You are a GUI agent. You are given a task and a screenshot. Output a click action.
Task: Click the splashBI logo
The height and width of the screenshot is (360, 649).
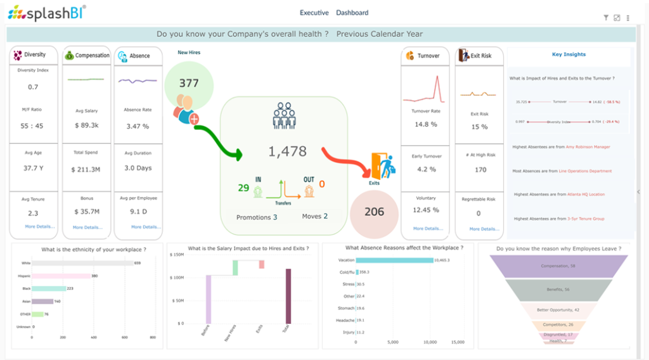point(46,12)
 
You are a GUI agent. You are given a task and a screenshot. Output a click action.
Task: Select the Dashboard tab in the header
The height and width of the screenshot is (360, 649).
point(352,13)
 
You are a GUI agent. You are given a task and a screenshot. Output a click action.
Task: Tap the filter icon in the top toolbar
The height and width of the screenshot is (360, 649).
point(605,18)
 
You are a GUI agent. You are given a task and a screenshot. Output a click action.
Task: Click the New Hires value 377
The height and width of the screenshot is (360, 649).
point(189,83)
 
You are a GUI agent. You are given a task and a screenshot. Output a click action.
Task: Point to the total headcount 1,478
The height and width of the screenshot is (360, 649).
point(286,151)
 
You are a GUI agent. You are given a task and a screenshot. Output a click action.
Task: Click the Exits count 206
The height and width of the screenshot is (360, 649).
point(374,212)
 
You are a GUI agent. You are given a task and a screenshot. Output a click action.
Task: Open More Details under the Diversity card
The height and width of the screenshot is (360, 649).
point(40,226)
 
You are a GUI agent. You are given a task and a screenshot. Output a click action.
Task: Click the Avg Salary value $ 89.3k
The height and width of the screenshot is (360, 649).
point(86,125)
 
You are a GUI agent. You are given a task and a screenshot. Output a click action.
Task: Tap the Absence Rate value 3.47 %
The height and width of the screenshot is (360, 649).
point(138,126)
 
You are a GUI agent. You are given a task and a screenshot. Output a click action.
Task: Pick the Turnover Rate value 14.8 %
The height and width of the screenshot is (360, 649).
point(426,124)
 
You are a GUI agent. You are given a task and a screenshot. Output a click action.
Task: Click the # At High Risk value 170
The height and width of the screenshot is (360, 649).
point(480,169)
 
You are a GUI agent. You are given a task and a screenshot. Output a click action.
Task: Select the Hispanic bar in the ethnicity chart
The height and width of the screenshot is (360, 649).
point(61,276)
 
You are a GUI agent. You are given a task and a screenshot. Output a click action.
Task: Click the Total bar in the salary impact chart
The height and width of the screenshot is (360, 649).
point(288,297)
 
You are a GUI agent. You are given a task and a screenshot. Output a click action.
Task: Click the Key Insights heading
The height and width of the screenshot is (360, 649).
point(569,55)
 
